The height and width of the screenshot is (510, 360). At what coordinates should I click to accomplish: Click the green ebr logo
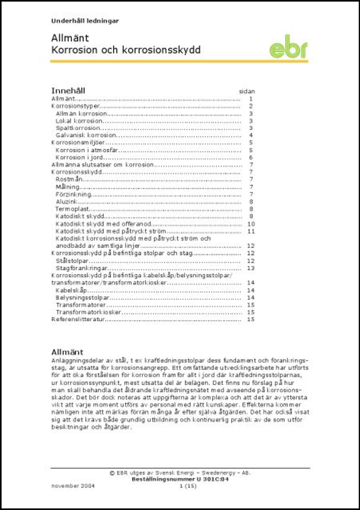(288, 49)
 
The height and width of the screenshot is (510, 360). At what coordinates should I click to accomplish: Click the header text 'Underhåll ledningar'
(85, 21)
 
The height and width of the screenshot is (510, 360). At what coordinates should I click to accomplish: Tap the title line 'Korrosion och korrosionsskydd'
(126, 50)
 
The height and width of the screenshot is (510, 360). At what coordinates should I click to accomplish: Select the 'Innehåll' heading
(68, 91)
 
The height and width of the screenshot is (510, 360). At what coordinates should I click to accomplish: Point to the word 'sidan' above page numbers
(247, 92)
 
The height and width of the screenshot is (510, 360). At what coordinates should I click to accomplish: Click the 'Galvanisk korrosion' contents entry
(86, 136)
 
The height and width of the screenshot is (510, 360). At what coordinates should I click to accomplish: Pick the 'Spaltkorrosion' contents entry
(78, 128)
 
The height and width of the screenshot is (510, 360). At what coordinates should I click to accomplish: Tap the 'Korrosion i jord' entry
(79, 158)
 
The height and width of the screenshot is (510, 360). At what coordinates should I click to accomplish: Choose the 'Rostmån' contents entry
(69, 180)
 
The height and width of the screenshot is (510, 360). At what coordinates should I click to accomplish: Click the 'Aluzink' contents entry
(67, 202)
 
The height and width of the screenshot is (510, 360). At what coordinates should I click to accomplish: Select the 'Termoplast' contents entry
(72, 209)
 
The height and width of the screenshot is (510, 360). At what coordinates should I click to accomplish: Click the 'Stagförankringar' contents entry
(81, 268)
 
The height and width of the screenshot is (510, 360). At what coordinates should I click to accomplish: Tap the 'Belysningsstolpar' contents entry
(82, 298)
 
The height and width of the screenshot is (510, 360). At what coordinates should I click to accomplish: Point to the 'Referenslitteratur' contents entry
(78, 319)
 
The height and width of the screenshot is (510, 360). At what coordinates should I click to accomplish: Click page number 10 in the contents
(251, 224)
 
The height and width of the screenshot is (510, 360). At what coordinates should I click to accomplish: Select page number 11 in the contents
(251, 231)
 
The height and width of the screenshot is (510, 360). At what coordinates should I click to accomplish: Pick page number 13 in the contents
(251, 268)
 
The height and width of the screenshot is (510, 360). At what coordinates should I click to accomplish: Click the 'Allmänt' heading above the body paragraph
(67, 352)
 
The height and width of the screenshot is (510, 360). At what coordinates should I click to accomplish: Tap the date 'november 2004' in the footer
(73, 486)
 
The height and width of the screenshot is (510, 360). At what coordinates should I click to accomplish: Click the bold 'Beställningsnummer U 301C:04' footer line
(180, 479)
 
